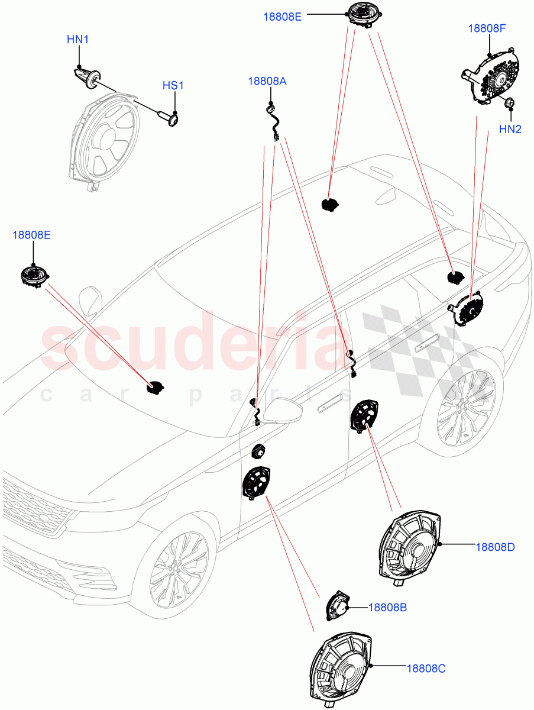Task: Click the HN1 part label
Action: click(77, 40)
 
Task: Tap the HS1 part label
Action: click(173, 86)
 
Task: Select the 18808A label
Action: click(267, 81)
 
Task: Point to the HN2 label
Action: click(510, 129)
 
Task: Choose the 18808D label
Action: click(495, 547)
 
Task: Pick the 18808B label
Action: click(387, 607)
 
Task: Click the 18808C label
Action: click(426, 669)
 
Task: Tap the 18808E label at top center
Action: click(282, 17)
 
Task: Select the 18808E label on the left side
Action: click(31, 235)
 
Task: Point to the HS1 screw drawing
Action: click(169, 118)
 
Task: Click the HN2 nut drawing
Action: click(509, 105)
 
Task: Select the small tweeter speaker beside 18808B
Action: click(337, 606)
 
